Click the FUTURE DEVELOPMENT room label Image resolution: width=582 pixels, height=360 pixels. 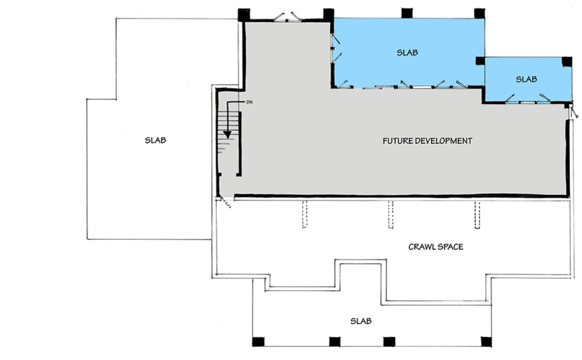pos(427,141)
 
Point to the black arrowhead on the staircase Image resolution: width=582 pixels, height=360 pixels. pos(227,135)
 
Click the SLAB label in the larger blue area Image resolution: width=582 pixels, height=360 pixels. pos(407,52)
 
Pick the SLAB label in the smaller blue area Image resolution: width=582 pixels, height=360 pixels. pos(526,79)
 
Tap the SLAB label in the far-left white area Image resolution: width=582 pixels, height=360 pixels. pos(155,140)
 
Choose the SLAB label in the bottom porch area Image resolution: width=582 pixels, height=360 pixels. pos(361,321)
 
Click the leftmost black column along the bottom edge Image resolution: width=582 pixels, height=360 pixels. pos(258,342)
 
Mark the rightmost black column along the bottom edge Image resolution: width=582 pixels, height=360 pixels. pos(486,342)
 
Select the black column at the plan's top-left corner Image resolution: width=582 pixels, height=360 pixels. pos(244,15)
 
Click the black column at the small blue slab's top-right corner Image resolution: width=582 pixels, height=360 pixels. pos(566,62)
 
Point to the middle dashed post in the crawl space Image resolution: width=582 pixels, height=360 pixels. pos(390,214)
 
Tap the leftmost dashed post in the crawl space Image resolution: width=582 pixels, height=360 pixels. pos(305,214)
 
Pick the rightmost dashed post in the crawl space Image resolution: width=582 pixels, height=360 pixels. pos(477,214)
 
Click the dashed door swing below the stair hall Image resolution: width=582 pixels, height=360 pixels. pos(226,201)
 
